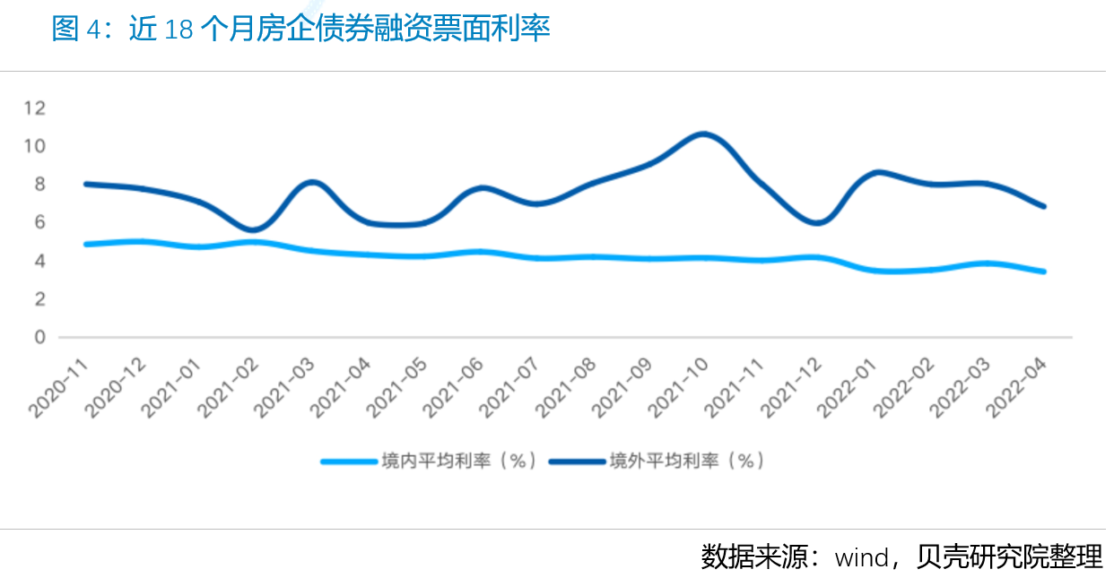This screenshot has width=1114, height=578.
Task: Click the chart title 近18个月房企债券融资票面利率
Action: (300, 29)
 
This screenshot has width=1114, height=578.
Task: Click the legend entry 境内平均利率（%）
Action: (431, 462)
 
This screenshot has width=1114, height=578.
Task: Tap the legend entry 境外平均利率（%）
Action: (657, 462)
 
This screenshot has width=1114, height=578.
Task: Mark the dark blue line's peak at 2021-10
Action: (703, 134)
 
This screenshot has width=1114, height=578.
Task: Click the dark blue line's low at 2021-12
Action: (816, 222)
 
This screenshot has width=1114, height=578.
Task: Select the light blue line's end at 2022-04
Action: (1043, 272)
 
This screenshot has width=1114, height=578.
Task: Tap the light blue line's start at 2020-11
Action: (85, 244)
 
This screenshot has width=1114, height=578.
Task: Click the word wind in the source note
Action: (861, 557)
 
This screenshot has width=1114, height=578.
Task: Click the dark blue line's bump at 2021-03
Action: (311, 183)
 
